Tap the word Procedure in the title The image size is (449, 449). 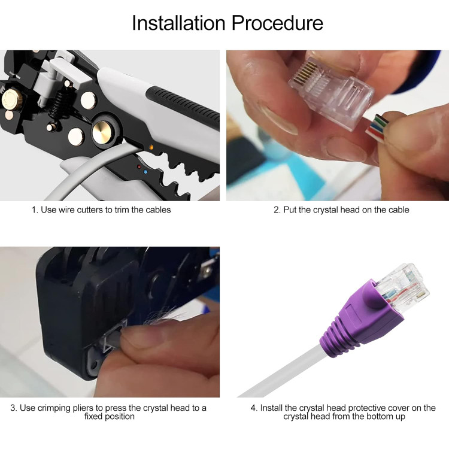pos(277,23)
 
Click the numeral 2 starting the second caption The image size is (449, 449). pos(277,210)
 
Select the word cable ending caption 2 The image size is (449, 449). pos(398,210)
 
